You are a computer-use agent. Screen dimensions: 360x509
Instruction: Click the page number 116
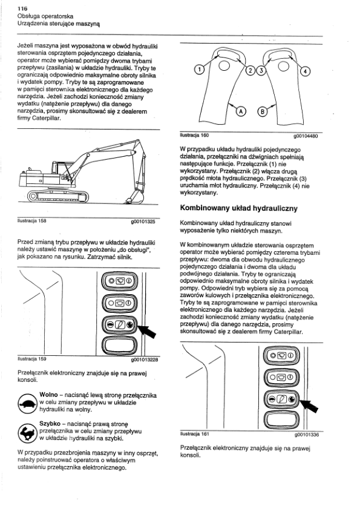(x=22, y=8)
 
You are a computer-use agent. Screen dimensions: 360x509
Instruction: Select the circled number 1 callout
(x=199, y=69)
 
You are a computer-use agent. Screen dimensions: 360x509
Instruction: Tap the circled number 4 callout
(x=305, y=71)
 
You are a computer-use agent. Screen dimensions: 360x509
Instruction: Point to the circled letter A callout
(x=241, y=111)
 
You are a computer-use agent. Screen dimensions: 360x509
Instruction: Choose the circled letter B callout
(x=263, y=112)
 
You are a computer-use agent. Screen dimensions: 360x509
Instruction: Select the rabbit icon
(x=28, y=433)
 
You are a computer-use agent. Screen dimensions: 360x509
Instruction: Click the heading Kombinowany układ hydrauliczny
(x=238, y=208)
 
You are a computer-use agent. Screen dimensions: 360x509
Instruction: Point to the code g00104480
(x=305, y=136)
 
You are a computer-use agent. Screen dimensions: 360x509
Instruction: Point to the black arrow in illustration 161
(x=309, y=406)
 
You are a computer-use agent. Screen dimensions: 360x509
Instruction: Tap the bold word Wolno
(x=48, y=395)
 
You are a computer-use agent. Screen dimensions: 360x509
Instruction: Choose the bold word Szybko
(x=50, y=424)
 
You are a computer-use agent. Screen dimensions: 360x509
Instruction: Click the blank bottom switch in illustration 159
(x=119, y=345)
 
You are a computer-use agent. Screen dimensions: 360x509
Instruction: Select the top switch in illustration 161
(x=281, y=355)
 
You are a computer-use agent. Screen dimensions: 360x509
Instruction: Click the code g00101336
(x=307, y=435)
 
